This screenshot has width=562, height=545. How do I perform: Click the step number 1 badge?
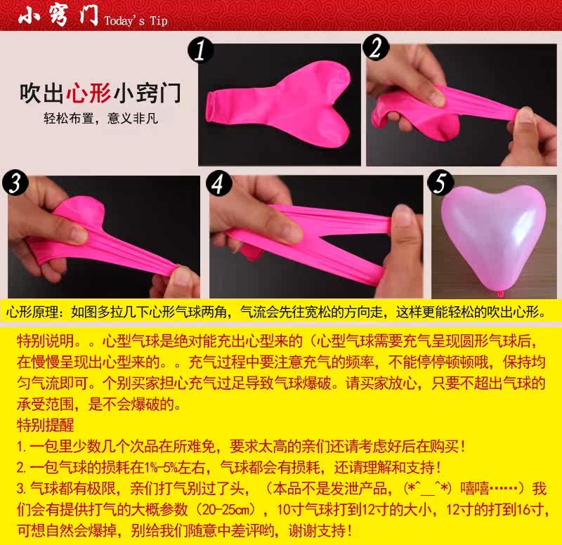coord(201,50)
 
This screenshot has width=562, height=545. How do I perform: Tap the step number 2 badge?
coord(376,47)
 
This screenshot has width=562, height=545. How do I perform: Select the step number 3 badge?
coord(15,183)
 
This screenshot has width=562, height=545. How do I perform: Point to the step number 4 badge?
coord(219,183)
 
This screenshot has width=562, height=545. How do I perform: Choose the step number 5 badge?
coord(440,183)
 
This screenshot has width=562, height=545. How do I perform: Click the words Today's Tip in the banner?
coord(136,21)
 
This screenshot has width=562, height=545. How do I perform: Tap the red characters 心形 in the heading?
coord(89,93)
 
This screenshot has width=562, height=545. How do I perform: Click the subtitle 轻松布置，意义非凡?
coord(100,118)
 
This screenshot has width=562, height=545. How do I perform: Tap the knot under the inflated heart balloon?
coord(500,294)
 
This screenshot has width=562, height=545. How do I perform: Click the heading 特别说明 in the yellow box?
coord(46,341)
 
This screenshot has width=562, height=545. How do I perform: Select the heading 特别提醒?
coord(46,426)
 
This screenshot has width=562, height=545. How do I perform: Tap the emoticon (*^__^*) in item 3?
coord(427,488)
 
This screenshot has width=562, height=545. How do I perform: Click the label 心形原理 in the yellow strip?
coord(32,312)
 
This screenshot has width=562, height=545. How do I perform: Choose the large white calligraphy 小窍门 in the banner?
coord(58,15)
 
